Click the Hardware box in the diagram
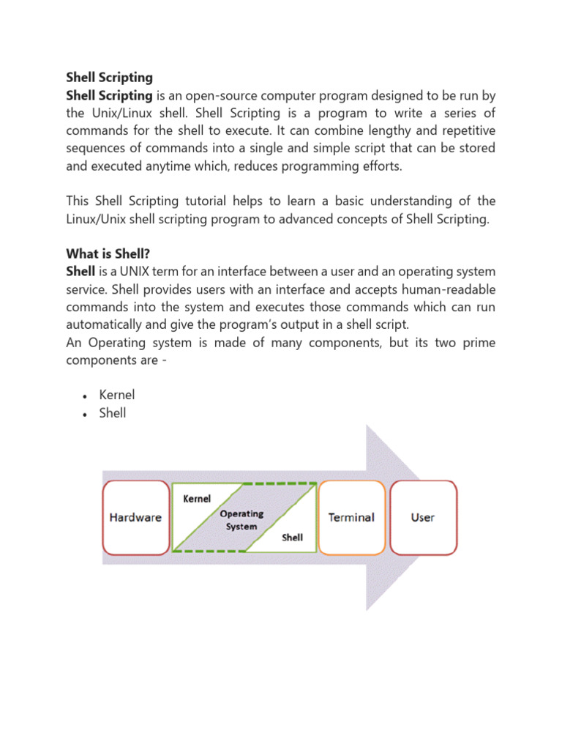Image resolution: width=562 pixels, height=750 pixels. point(135,517)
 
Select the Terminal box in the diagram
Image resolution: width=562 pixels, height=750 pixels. point(351,517)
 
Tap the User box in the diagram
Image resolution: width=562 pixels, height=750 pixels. point(423,517)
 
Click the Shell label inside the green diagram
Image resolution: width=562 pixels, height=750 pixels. point(293,538)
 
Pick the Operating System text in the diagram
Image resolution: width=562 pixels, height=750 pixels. point(241,520)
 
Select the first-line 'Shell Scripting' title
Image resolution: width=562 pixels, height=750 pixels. point(109,77)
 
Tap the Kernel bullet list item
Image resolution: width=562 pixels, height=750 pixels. point(117,395)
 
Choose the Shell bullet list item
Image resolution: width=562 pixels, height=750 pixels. point(113,413)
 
